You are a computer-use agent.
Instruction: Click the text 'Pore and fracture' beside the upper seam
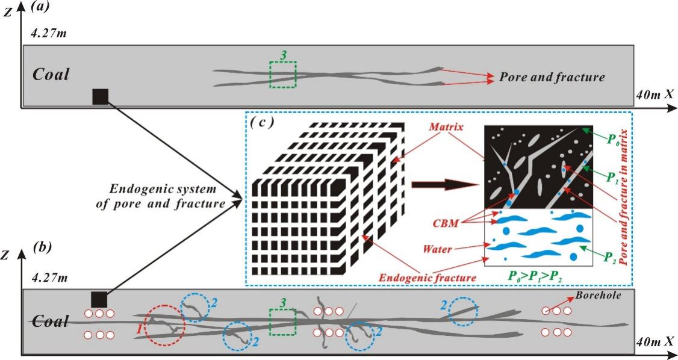pyautogui.click(x=552, y=77)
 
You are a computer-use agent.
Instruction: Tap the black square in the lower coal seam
pyautogui.click(x=98, y=299)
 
